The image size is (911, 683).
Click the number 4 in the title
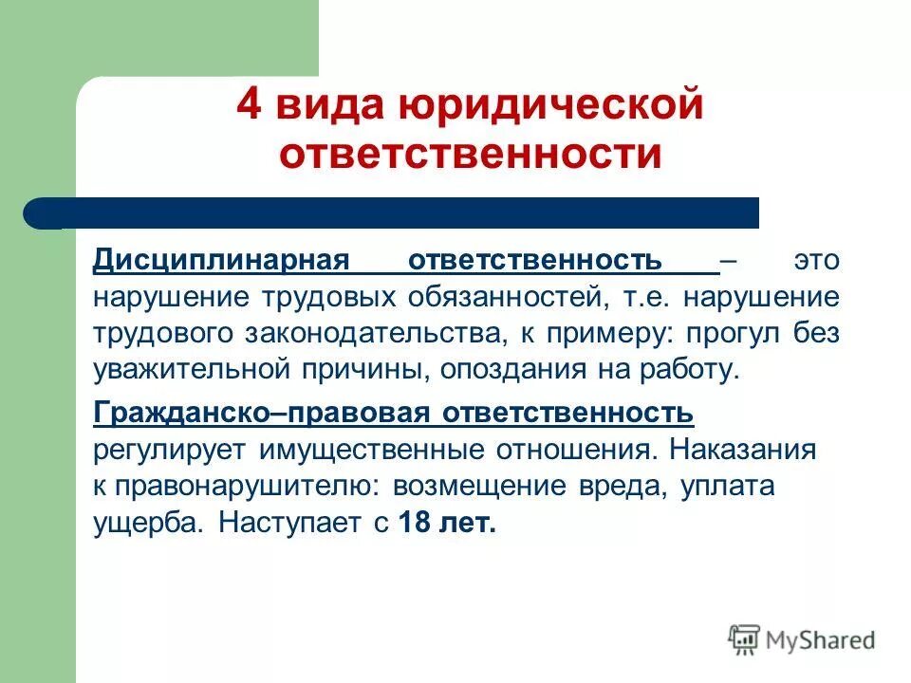click(x=249, y=105)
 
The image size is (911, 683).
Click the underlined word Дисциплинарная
click(x=222, y=260)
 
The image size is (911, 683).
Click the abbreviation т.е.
click(x=644, y=296)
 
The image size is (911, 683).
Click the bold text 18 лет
click(x=447, y=523)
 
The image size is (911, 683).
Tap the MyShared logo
click(x=802, y=638)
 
